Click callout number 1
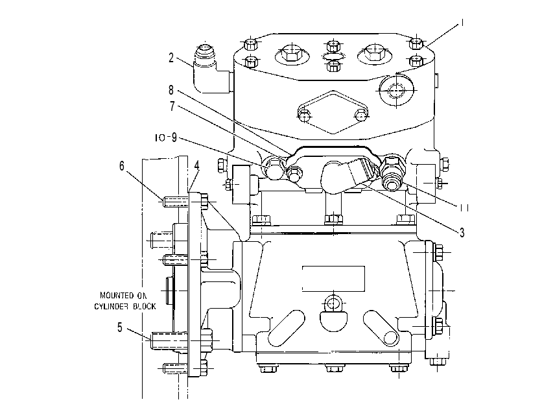tap(462, 23)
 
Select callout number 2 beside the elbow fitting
tap(171, 58)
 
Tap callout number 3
tap(462, 233)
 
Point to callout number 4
tap(196, 165)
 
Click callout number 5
tap(120, 327)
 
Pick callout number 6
tap(122, 166)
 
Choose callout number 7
tap(172, 106)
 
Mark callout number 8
tap(171, 90)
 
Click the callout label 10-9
tap(166, 137)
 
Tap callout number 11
tap(464, 207)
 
